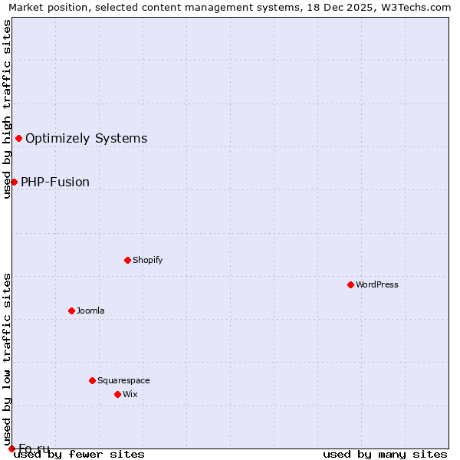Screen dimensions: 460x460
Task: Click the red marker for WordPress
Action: pos(350,284)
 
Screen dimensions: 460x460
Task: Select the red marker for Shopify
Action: pos(127,260)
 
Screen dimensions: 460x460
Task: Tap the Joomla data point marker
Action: pos(71,310)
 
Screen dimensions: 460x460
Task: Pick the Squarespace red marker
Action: pos(92,380)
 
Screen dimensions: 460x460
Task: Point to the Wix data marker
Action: pos(117,394)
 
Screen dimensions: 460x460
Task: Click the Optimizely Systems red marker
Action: pos(18,138)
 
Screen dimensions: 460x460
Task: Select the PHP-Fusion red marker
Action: pos(14,182)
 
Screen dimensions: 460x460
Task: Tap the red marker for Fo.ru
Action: pos(11,449)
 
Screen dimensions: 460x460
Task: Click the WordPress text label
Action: pos(377,284)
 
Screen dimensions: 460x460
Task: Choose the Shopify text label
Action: pos(148,260)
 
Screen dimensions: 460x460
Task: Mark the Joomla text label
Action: pos(90,310)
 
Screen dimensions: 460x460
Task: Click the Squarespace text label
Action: pos(123,380)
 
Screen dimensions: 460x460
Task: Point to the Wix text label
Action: pos(130,394)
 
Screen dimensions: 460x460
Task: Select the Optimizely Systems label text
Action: pos(86,139)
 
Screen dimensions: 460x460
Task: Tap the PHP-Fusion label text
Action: pos(55,182)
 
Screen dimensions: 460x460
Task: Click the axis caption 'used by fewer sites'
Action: pos(79,455)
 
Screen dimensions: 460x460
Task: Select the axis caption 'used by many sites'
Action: pos(385,455)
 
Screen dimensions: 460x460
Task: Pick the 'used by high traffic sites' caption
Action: pos(7,109)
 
